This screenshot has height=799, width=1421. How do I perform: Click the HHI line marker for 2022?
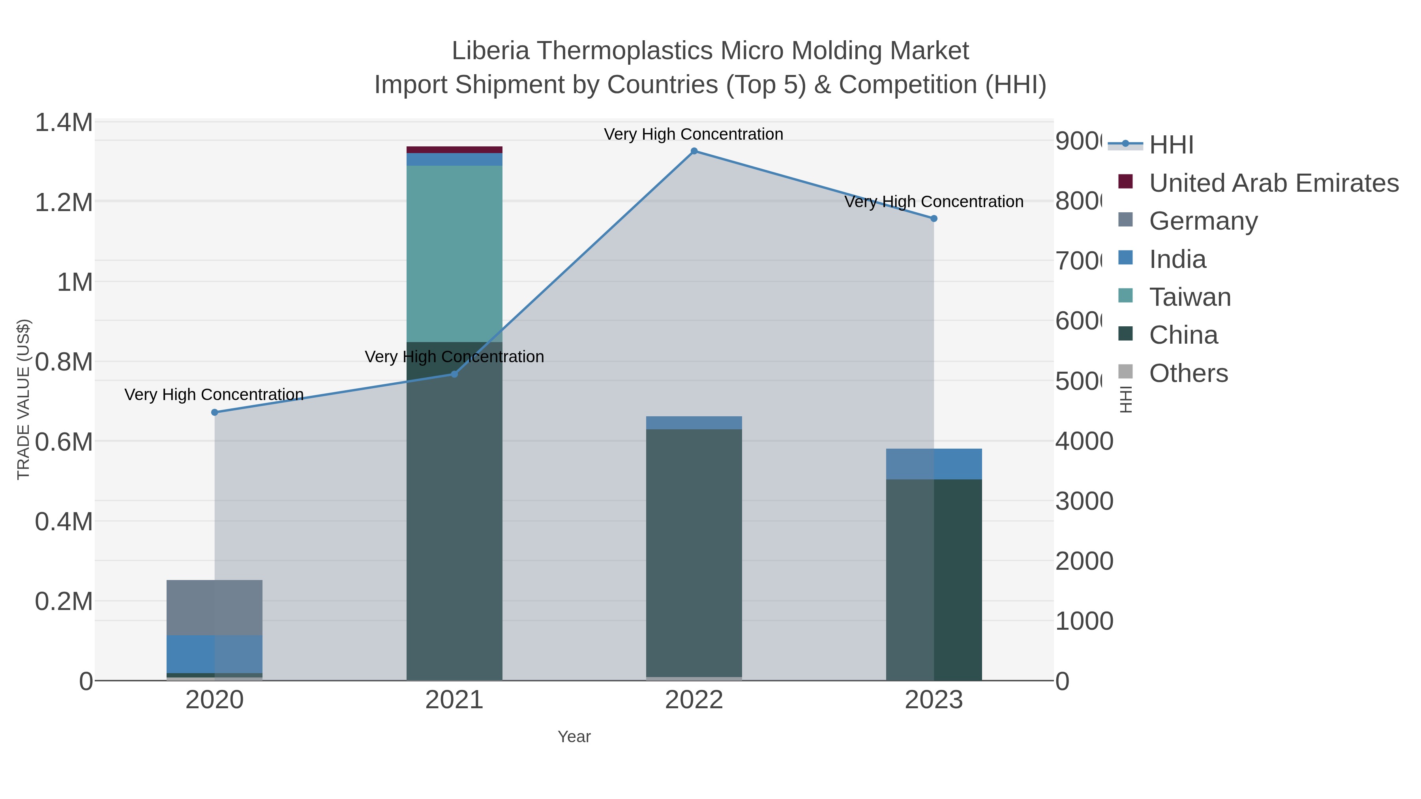694,151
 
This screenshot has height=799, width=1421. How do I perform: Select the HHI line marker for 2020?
215,412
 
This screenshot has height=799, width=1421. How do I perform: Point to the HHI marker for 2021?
455,374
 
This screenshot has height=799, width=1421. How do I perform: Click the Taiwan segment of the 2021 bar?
455,254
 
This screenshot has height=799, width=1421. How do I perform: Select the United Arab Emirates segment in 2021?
455,150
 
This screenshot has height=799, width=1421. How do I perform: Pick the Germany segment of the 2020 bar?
215,608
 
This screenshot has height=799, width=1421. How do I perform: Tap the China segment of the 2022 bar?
694,552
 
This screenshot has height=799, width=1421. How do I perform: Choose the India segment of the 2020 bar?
215,654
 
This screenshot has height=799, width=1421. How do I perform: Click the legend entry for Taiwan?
1189,297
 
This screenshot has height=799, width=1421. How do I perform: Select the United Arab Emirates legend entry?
1273,183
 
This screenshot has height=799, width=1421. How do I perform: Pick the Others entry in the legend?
1188,373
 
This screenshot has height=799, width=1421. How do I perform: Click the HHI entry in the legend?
1171,145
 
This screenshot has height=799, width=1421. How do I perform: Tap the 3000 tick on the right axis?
1084,501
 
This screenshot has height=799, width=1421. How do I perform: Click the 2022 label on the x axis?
694,700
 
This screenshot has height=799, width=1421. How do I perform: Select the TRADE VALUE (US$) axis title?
23,399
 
